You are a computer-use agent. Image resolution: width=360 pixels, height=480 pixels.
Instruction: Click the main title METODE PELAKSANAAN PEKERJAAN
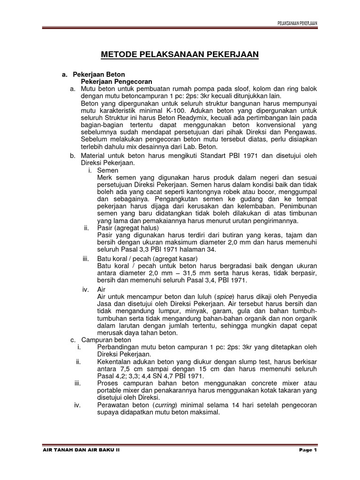point(180,55)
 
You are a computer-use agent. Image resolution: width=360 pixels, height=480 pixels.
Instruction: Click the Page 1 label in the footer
point(308,450)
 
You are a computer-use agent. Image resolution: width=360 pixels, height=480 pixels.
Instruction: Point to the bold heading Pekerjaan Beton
point(99,75)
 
